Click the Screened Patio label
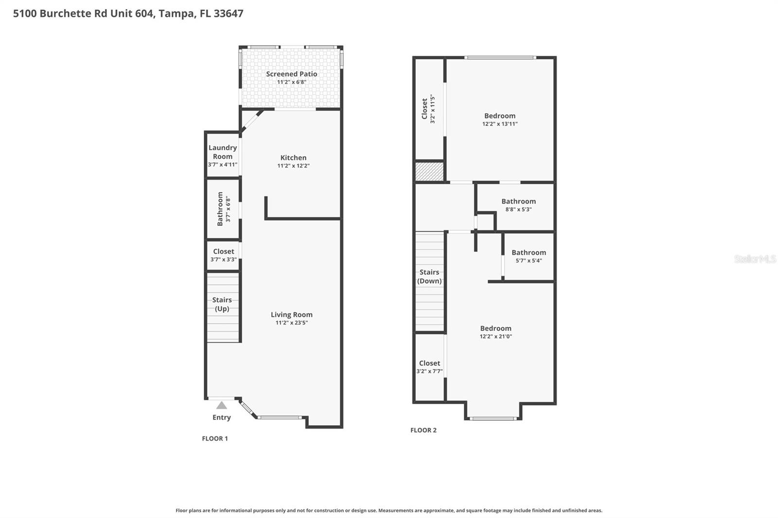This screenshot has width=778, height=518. (x=291, y=74)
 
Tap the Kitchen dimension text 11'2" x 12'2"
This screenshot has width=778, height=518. (x=293, y=166)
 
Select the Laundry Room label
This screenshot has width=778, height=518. (x=222, y=152)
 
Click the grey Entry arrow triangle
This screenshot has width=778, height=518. (x=222, y=405)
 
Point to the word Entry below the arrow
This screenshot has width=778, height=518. (x=221, y=417)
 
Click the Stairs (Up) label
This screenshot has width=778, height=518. (x=222, y=304)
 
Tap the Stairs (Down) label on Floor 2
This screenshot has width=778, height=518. (x=429, y=276)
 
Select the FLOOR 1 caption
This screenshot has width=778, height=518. (x=215, y=438)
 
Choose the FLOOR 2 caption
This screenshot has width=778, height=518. (x=423, y=430)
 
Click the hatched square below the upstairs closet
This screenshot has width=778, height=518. (x=429, y=172)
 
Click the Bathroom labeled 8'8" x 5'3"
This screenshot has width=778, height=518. (x=518, y=201)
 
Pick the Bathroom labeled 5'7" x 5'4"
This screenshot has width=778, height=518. (x=529, y=252)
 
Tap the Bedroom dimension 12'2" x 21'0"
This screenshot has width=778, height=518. (x=495, y=336)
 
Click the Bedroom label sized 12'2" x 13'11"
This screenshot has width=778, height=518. (x=499, y=116)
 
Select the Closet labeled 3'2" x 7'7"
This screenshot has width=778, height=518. (x=429, y=363)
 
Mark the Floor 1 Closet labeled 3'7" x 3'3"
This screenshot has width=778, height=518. (x=223, y=251)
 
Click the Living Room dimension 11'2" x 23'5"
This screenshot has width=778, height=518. (x=291, y=323)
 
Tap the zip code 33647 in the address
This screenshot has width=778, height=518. (x=229, y=13)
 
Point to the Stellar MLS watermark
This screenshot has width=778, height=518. (x=755, y=259)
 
